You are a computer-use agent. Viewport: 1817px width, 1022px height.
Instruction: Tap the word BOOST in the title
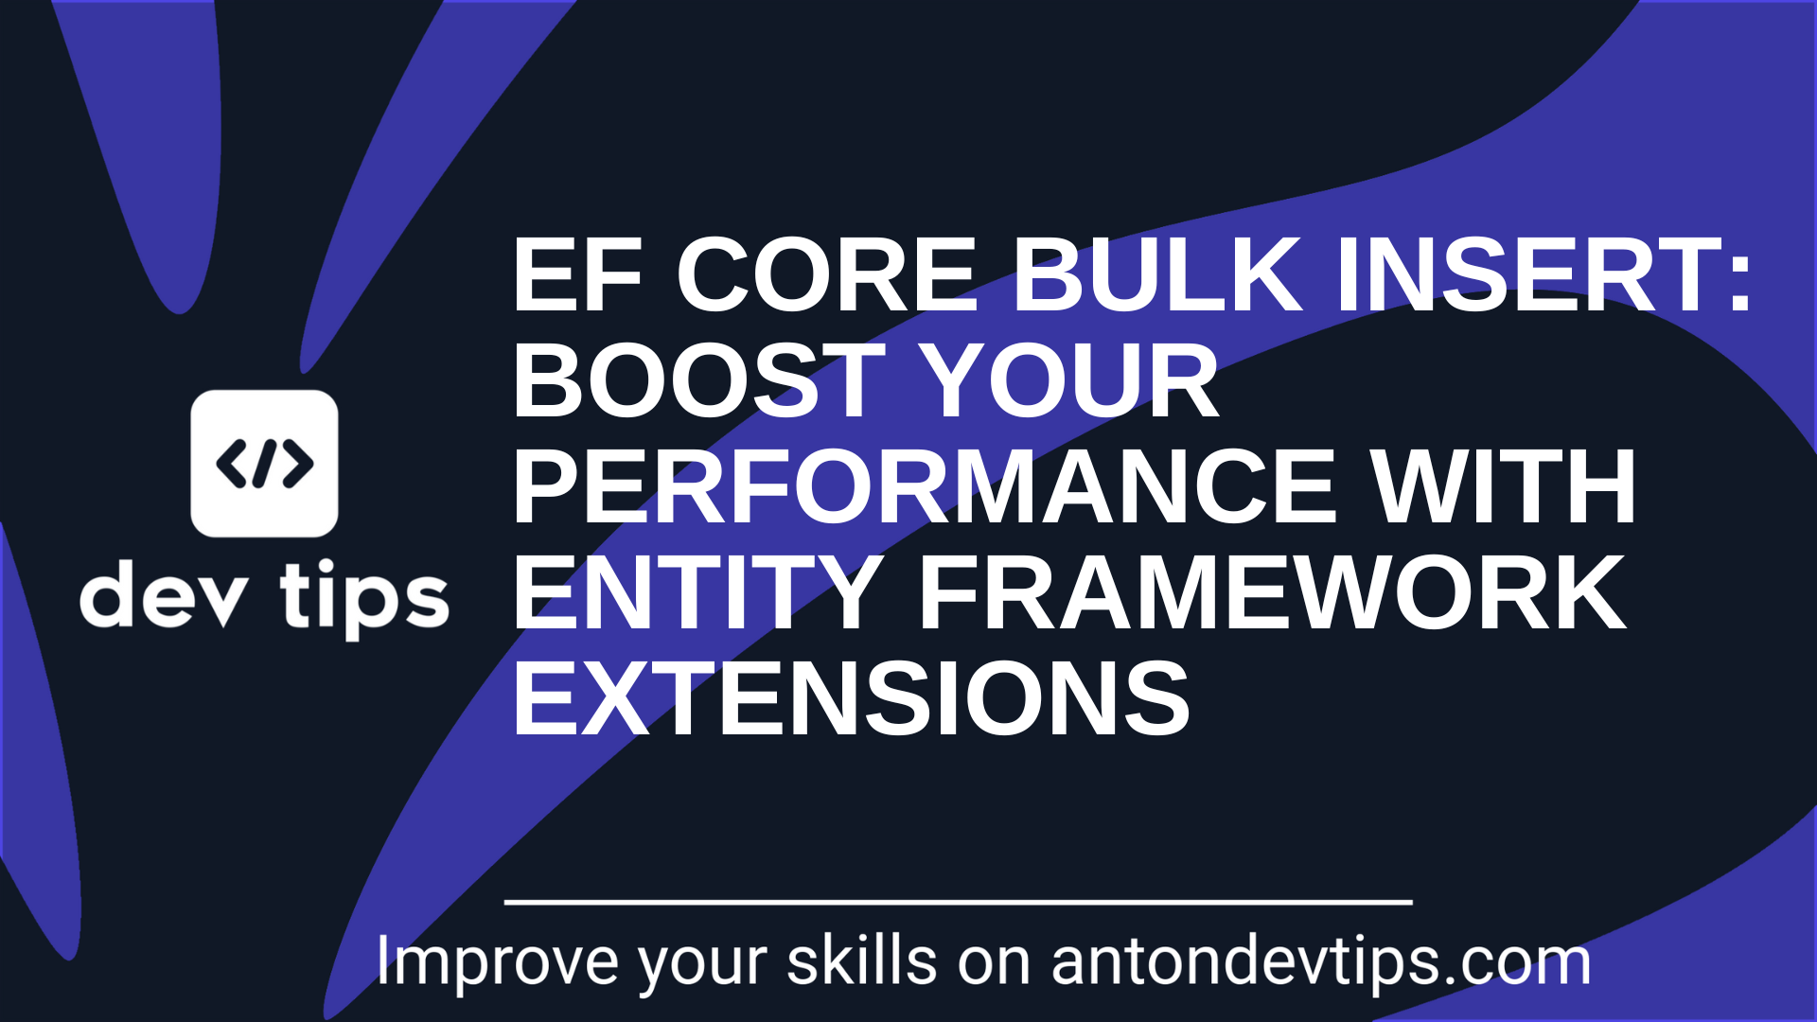coord(699,379)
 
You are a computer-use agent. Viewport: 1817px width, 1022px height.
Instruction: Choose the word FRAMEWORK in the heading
coord(1273,592)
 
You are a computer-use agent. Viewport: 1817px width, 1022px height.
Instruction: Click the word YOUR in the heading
coord(1068,379)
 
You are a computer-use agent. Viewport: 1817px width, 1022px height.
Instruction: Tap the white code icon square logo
coord(264,464)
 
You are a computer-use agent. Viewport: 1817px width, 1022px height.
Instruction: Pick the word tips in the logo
coord(364,599)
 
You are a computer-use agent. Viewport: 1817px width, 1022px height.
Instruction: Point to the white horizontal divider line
coord(959,903)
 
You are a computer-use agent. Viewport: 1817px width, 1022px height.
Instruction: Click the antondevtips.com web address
coord(1321,961)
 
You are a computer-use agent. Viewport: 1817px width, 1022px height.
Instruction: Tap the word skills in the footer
coord(862,960)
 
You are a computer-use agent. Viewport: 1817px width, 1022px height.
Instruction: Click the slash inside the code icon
coord(264,464)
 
